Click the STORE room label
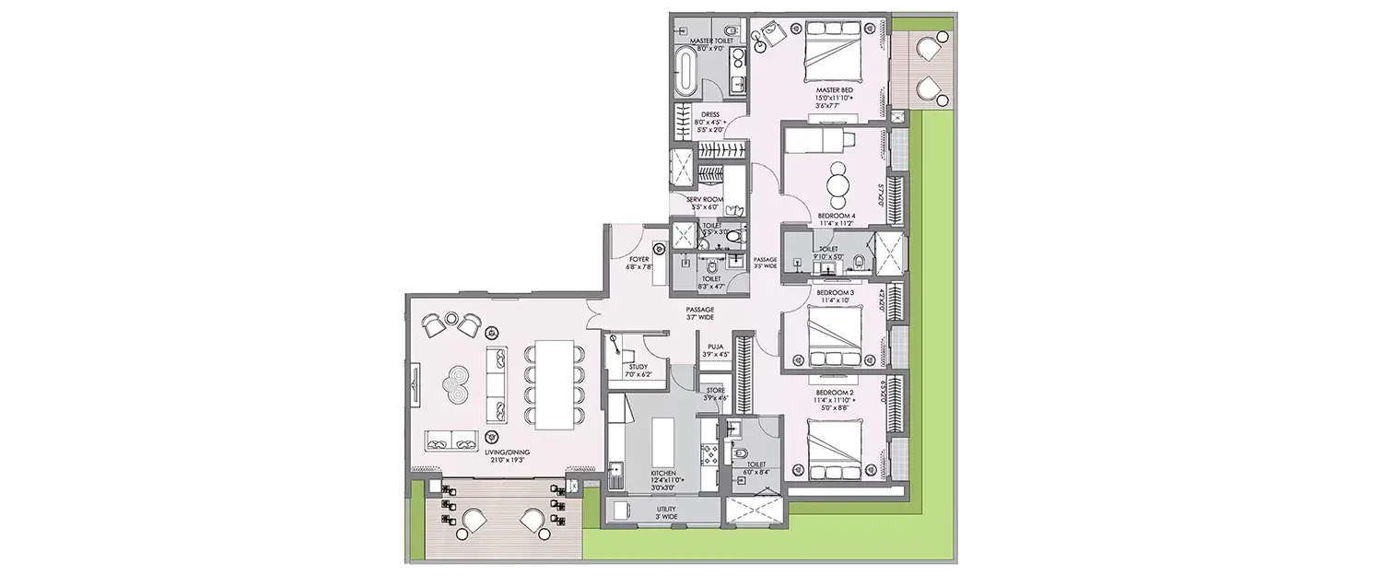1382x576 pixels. coord(715,392)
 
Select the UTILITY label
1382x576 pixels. coord(664,508)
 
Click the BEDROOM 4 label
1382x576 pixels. coord(837,217)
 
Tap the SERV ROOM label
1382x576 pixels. coord(705,200)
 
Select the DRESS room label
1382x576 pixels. coord(710,115)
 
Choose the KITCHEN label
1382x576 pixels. coord(663,472)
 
